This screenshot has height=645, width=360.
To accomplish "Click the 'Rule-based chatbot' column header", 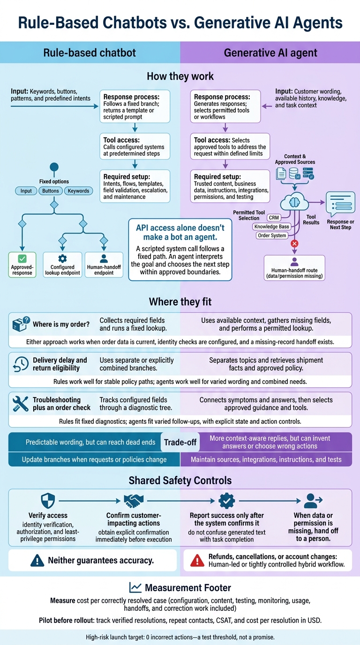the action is tap(90, 52).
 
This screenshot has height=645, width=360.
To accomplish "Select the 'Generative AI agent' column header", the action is tap(270, 52).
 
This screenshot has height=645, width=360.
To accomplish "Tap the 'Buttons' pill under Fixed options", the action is tap(51, 191).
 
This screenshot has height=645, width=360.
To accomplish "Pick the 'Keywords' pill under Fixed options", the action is tap(78, 191).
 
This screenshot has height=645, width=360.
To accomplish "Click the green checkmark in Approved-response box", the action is tap(22, 258).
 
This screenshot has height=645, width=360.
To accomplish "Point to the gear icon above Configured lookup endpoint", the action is tap(62, 258).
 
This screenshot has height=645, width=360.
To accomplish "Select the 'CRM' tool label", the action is tap(274, 217).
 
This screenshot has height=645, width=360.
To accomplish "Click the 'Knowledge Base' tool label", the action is tap(271, 226).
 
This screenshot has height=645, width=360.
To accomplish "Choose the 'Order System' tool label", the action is tap(272, 235).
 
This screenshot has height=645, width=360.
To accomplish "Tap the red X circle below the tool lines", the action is tap(294, 244).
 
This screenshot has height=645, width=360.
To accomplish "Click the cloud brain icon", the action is tap(294, 202).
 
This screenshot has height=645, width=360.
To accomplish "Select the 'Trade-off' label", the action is tap(180, 442).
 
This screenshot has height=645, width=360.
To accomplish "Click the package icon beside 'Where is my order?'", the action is tap(21, 324).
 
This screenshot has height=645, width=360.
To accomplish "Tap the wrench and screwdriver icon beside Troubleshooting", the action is tap(21, 404).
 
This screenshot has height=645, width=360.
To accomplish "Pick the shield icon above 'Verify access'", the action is tap(48, 501).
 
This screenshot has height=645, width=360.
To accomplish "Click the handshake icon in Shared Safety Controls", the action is tap(134, 501).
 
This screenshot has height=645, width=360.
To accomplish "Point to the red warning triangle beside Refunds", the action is tap(197, 560).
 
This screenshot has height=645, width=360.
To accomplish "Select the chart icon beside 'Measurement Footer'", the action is tap(135, 587).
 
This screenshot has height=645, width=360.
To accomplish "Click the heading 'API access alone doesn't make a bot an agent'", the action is tap(180, 232).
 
